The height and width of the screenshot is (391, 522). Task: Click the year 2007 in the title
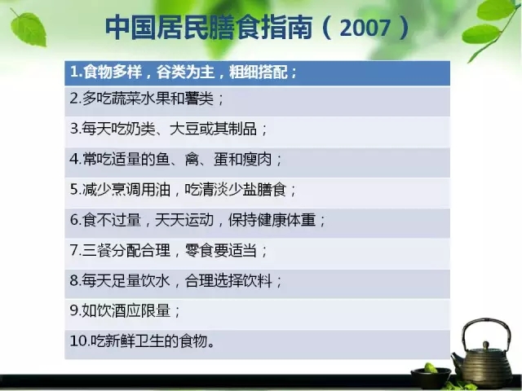(365, 28)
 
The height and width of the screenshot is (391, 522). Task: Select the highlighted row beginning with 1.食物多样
(258, 72)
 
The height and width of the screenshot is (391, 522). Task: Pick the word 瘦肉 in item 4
(258, 160)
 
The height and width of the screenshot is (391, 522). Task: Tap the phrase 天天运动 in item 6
(184, 220)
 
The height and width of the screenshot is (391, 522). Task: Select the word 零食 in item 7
(199, 250)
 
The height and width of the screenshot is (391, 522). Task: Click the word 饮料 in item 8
(258, 280)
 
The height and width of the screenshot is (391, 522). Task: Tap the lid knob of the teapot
(486, 345)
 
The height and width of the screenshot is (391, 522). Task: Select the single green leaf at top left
(28, 29)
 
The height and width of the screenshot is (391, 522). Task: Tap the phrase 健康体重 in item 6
(286, 220)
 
